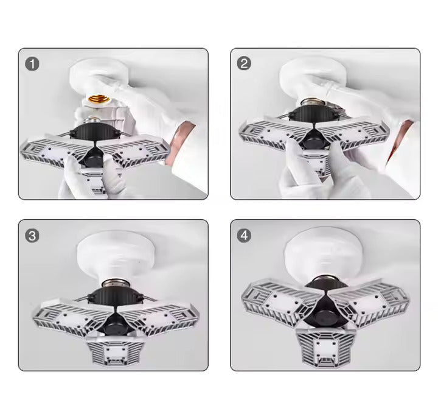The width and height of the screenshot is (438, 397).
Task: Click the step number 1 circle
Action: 32,64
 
